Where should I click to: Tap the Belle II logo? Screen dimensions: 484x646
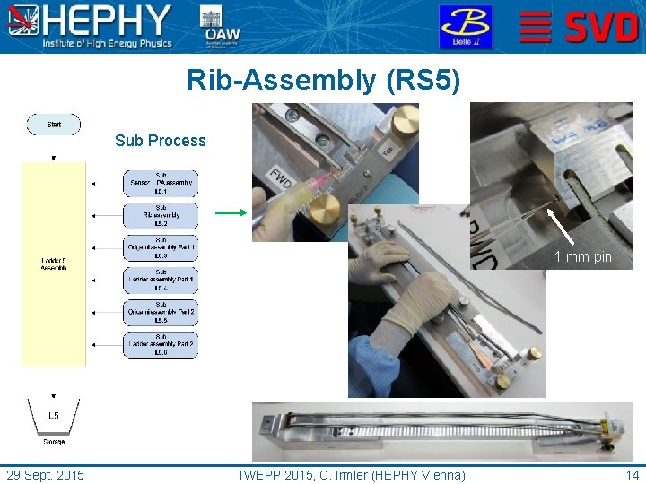point(465,26)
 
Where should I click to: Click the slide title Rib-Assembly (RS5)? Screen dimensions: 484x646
point(323,81)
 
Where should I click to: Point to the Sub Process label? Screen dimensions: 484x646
point(161,141)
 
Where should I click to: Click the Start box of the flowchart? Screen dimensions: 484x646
point(54,125)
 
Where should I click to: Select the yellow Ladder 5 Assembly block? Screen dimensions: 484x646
point(54,264)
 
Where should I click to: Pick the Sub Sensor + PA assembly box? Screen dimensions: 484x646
point(161,183)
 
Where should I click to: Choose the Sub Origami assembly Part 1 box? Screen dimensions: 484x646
point(161,247)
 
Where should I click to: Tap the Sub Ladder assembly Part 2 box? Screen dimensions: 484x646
point(161,344)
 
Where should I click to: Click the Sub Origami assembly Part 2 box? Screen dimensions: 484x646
point(161,312)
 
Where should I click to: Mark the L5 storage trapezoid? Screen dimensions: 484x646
point(54,416)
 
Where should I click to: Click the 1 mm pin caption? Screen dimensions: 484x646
point(583,257)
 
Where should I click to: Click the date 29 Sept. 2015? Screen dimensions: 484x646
point(46,474)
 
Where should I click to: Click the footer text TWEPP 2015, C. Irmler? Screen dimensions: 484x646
point(351,474)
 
